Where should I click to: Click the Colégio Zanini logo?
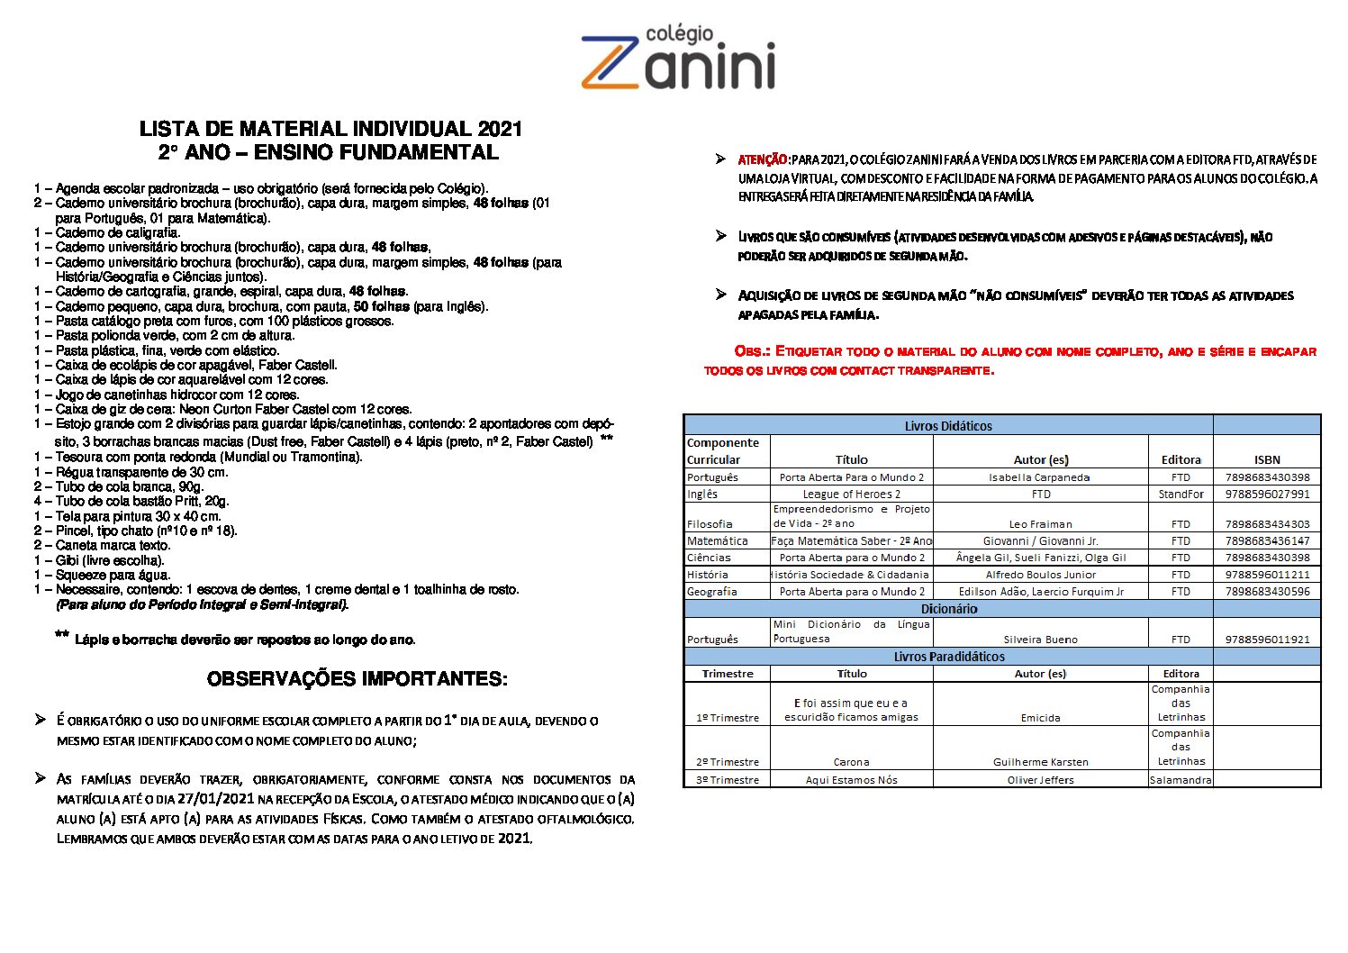(x=678, y=59)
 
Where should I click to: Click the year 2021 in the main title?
(x=500, y=129)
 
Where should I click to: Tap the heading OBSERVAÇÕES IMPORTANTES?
(x=357, y=679)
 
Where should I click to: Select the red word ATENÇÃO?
(x=763, y=159)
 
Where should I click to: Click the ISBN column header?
(x=1266, y=459)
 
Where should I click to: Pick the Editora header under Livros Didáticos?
(x=1181, y=459)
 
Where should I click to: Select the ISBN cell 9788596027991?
(x=1267, y=495)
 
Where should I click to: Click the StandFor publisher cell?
(x=1181, y=495)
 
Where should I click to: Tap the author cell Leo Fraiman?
(x=1040, y=524)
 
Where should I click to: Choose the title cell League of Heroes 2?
(x=851, y=495)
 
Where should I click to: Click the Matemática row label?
(x=717, y=541)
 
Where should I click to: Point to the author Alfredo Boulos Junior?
(x=1040, y=575)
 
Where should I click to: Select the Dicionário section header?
(x=948, y=609)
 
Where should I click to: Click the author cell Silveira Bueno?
(x=1040, y=640)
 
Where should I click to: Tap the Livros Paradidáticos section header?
(x=948, y=657)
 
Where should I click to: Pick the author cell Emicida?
(x=1040, y=718)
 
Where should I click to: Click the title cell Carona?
(x=851, y=762)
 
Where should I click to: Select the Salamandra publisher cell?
(x=1181, y=780)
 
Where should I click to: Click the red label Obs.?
(x=752, y=351)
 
